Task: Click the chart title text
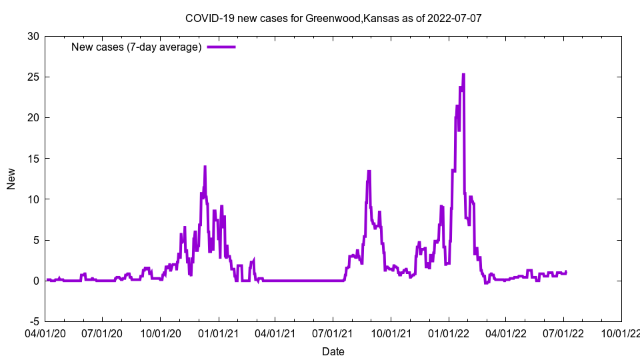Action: point(333,18)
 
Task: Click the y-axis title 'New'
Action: point(11,179)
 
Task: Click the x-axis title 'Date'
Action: point(333,351)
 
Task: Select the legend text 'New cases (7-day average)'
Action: point(137,47)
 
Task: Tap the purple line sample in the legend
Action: point(221,47)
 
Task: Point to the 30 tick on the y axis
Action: point(33,36)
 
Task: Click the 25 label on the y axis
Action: point(33,77)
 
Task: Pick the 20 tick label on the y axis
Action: point(33,117)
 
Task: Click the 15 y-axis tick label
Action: point(33,159)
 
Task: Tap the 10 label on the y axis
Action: point(33,199)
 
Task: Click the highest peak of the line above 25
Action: point(463,75)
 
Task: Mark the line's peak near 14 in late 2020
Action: point(205,167)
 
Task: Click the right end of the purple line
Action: point(566,271)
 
